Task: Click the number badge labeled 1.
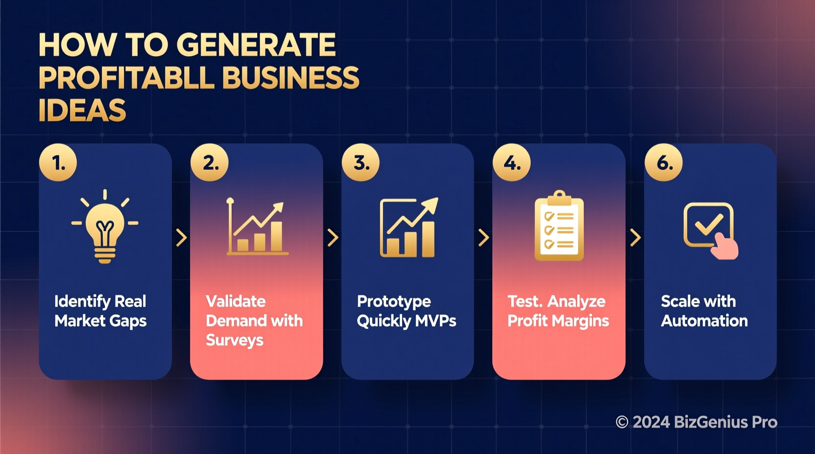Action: pyautogui.click(x=58, y=162)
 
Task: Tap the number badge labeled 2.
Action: pyautogui.click(x=210, y=162)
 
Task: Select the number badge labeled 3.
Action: pyautogui.click(x=360, y=162)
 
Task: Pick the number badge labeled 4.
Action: pyautogui.click(x=511, y=162)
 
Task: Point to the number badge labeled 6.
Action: pyautogui.click(x=663, y=162)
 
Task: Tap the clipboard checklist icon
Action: pyautogui.click(x=559, y=226)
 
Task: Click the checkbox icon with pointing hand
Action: pyautogui.click(x=711, y=229)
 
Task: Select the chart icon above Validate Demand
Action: pyautogui.click(x=257, y=228)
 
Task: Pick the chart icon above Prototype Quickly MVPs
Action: pyautogui.click(x=408, y=228)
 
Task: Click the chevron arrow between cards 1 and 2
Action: pyautogui.click(x=181, y=238)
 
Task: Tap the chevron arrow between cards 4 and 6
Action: pyautogui.click(x=635, y=238)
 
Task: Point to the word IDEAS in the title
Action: pyautogui.click(x=82, y=110)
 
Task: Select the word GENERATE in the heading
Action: pyautogui.click(x=256, y=45)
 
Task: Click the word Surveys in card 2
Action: pyautogui.click(x=235, y=340)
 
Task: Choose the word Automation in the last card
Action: pyautogui.click(x=704, y=321)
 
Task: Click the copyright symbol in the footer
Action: pyautogui.click(x=622, y=422)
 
